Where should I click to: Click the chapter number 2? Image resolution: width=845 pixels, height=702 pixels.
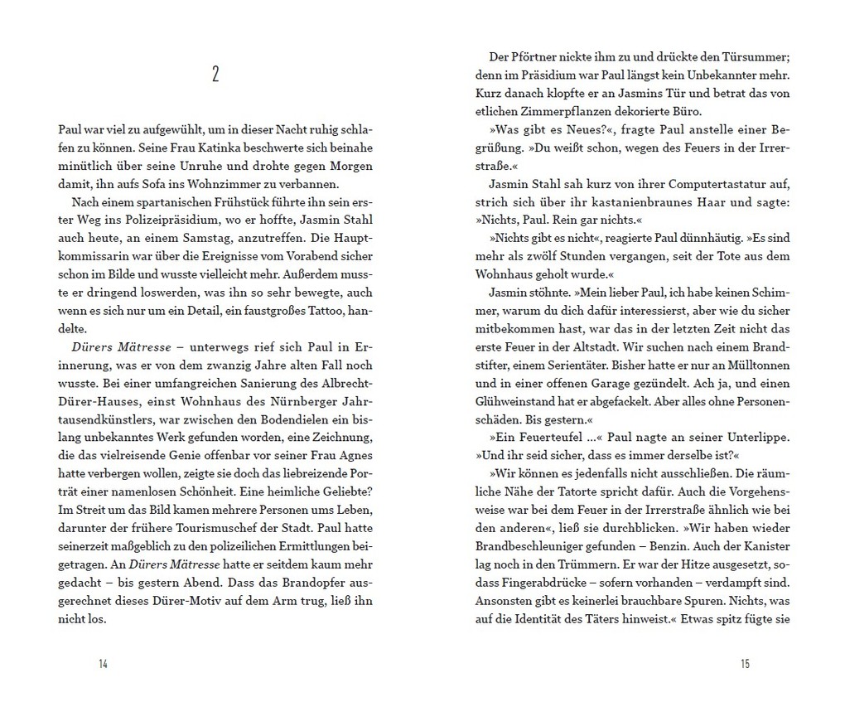[215, 75]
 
